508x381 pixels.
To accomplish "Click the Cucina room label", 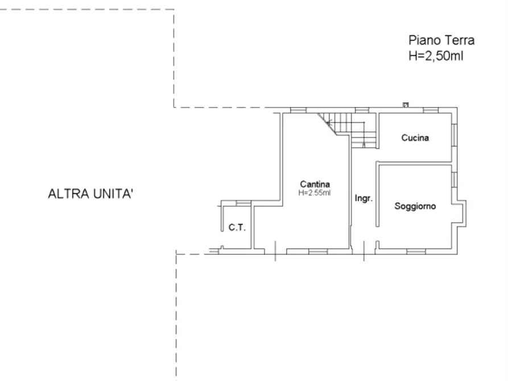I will [x=415, y=138].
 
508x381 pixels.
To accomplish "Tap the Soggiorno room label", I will [x=415, y=206].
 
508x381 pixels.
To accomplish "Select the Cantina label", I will [x=315, y=184].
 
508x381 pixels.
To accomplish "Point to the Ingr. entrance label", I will [x=364, y=199].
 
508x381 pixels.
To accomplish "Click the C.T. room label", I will [x=237, y=228].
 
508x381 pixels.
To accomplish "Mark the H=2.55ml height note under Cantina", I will [x=315, y=193].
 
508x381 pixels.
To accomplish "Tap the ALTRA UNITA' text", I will [x=91, y=194].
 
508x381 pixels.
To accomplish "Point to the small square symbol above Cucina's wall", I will [x=405, y=105].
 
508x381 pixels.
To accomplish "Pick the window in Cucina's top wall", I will [x=431, y=109].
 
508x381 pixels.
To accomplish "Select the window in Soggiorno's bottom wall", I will [x=416, y=251].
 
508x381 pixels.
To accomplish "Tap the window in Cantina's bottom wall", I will [x=317, y=251].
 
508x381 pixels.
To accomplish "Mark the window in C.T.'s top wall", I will [x=243, y=203].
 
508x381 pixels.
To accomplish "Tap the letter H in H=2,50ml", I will [x=412, y=56].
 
